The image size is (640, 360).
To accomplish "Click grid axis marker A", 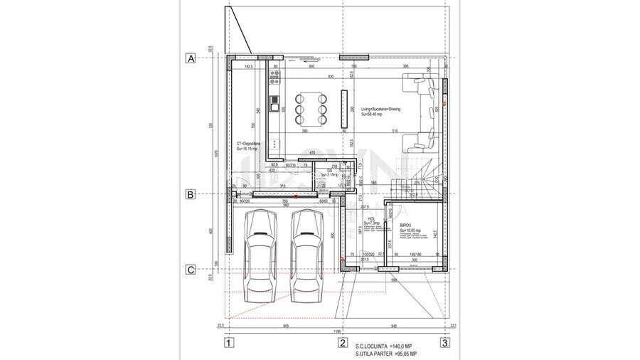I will (190, 58).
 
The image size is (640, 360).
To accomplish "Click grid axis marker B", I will (190, 194).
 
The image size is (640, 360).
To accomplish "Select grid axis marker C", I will (190, 270).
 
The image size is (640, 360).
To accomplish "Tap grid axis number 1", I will (228, 343).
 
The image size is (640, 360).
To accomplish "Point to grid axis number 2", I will (342, 343).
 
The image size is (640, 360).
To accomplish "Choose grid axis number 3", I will (444, 343).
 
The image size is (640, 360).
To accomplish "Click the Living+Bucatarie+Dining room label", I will (380, 111).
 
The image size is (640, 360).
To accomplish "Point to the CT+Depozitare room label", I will (248, 146).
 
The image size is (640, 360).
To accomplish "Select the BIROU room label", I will (405, 226).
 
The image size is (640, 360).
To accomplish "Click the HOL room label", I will (370, 221).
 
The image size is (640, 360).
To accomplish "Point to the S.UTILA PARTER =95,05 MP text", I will (386, 354).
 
